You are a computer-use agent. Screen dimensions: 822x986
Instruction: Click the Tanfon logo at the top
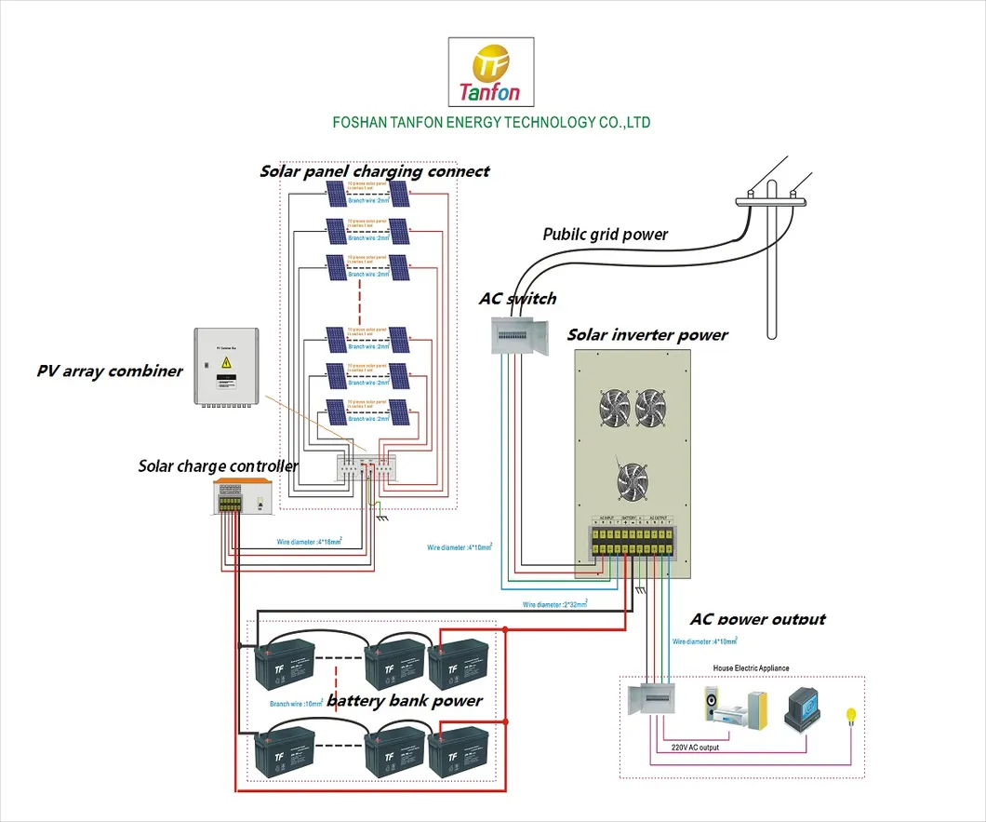point(491,74)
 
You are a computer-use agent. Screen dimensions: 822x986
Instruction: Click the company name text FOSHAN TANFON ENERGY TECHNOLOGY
point(491,123)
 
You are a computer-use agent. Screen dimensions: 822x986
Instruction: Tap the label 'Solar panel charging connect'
point(374,171)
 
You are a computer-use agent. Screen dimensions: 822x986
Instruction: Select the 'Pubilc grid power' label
point(606,234)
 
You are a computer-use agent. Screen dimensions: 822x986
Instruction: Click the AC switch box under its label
point(520,331)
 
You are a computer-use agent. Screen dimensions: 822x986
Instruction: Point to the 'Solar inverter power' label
point(647,334)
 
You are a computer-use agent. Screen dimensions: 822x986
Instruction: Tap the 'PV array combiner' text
point(110,371)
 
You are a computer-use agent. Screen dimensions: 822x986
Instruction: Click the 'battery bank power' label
point(405,700)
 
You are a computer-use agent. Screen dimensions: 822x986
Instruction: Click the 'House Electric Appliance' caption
point(751,668)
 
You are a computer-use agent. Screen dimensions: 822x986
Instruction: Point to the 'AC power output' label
point(757,619)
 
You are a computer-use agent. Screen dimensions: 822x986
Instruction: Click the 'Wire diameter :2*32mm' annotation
point(554,604)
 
